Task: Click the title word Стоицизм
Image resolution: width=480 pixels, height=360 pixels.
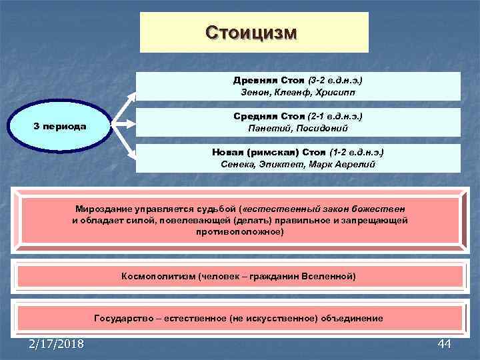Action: (x=254, y=33)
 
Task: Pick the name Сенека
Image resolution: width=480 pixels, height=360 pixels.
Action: (x=237, y=164)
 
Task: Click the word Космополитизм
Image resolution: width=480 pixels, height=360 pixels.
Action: (x=158, y=276)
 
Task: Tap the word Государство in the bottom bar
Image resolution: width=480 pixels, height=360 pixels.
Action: (x=123, y=318)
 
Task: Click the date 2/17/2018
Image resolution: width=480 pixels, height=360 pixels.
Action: (x=57, y=343)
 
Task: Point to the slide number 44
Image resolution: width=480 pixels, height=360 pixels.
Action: (x=445, y=343)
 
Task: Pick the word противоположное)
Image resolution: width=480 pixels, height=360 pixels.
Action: (x=239, y=231)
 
